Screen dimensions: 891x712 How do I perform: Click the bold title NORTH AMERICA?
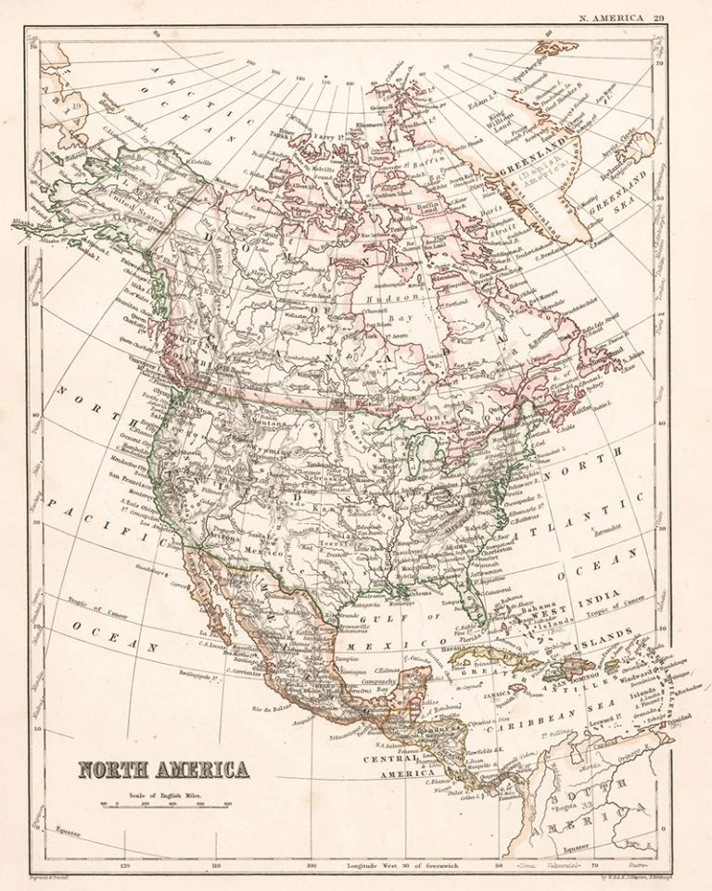(x=163, y=770)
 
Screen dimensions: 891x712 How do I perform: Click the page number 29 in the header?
(x=658, y=16)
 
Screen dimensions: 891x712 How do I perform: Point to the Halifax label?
(x=573, y=398)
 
